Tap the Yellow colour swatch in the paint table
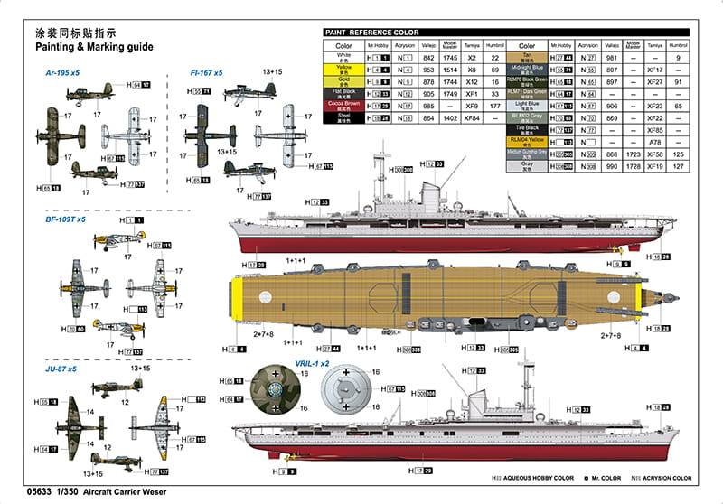tap(343, 69)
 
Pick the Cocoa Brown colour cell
tap(343, 106)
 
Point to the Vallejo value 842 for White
tap(430, 57)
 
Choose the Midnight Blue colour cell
tap(527, 69)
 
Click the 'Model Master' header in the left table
tap(451, 44)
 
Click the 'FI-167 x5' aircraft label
tap(206, 72)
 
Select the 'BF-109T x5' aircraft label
tap(66, 219)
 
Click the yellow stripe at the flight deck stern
tap(238, 300)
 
